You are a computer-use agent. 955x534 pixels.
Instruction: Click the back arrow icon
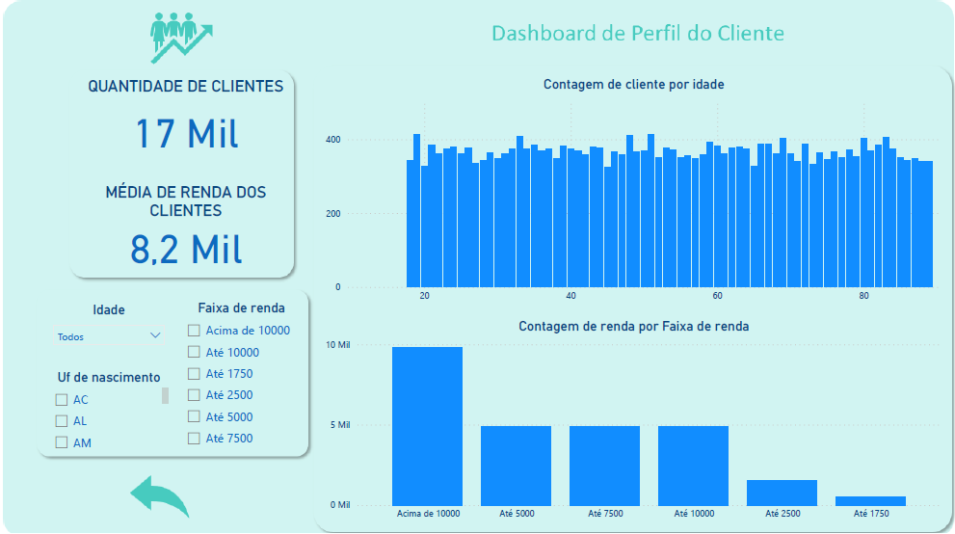tap(160, 496)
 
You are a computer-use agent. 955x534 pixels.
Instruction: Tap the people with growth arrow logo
tap(180, 36)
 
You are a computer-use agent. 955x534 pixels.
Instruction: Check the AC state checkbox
tap(62, 399)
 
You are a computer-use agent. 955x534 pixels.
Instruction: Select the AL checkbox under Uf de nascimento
tap(62, 421)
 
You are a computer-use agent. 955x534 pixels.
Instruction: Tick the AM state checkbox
tap(62, 442)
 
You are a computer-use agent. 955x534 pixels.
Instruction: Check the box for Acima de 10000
tap(194, 331)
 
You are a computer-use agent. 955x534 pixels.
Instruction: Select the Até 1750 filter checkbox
tap(194, 374)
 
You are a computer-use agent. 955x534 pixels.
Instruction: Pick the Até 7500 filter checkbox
tap(194, 439)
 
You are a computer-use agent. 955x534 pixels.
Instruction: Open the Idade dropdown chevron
tap(155, 336)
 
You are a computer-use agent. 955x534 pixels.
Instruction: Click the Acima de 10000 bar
tap(427, 425)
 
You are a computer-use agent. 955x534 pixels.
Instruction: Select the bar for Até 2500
tap(782, 492)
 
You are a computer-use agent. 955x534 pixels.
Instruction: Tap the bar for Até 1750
tap(870, 500)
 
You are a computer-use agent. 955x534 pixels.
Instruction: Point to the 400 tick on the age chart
tap(332, 141)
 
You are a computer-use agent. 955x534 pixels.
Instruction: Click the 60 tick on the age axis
tap(718, 296)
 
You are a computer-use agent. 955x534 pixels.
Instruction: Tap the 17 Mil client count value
tap(186, 133)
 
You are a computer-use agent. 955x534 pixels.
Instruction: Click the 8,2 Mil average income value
tap(186, 248)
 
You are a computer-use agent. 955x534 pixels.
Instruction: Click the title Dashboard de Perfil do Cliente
tap(637, 34)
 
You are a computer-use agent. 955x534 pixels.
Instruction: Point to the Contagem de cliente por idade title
tap(633, 85)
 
